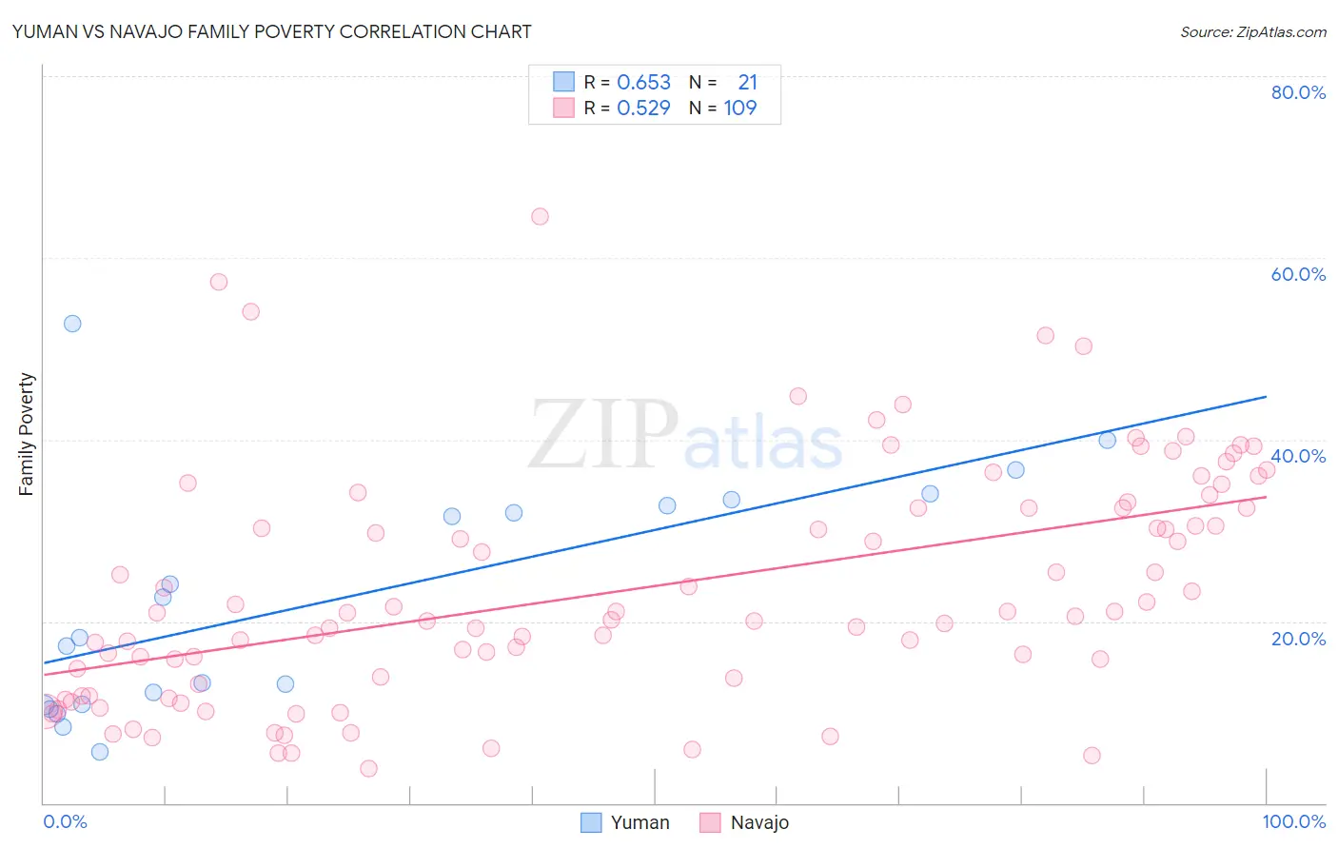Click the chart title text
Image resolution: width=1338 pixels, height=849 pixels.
271,31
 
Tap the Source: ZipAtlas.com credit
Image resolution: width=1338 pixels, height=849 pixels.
1252,31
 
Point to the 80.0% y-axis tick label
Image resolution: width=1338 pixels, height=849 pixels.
1298,92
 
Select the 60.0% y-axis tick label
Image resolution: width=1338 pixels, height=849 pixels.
1298,274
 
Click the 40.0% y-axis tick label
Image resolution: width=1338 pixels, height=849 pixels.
1298,456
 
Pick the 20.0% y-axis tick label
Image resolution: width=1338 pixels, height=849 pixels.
1298,638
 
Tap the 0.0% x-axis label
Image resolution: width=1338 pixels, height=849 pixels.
65,821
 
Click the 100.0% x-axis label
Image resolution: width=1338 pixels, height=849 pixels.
1293,821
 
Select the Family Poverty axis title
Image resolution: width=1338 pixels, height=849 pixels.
26,434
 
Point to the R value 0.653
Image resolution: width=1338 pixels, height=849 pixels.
643,83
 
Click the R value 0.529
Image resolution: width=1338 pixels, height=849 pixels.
643,109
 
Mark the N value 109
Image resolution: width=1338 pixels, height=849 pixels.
740,109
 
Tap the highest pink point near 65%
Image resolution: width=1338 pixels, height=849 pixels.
540,216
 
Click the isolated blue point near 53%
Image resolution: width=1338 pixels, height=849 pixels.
72,324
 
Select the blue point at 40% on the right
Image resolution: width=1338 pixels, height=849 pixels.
1107,440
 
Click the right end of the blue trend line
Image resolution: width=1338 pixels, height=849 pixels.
1266,396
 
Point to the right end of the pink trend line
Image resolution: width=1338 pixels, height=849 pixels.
1266,497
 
